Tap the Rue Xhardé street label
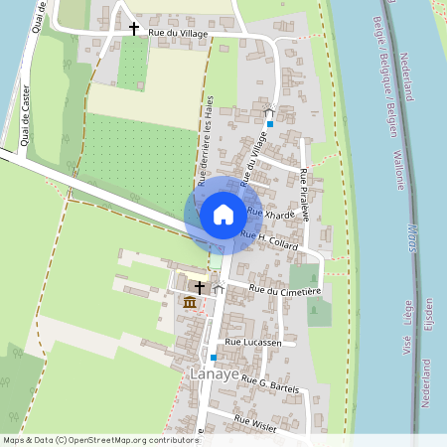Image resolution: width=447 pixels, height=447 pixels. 270,214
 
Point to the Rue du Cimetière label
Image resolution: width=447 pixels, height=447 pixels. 286,290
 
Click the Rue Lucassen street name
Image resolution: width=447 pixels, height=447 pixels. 254,342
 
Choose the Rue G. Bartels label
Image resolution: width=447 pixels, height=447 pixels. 269,383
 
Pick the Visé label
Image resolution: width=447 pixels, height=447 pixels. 407,344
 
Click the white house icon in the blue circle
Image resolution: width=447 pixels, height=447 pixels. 223,215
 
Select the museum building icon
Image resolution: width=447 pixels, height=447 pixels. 189,302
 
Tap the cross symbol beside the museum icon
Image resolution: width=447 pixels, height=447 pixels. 199,287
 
